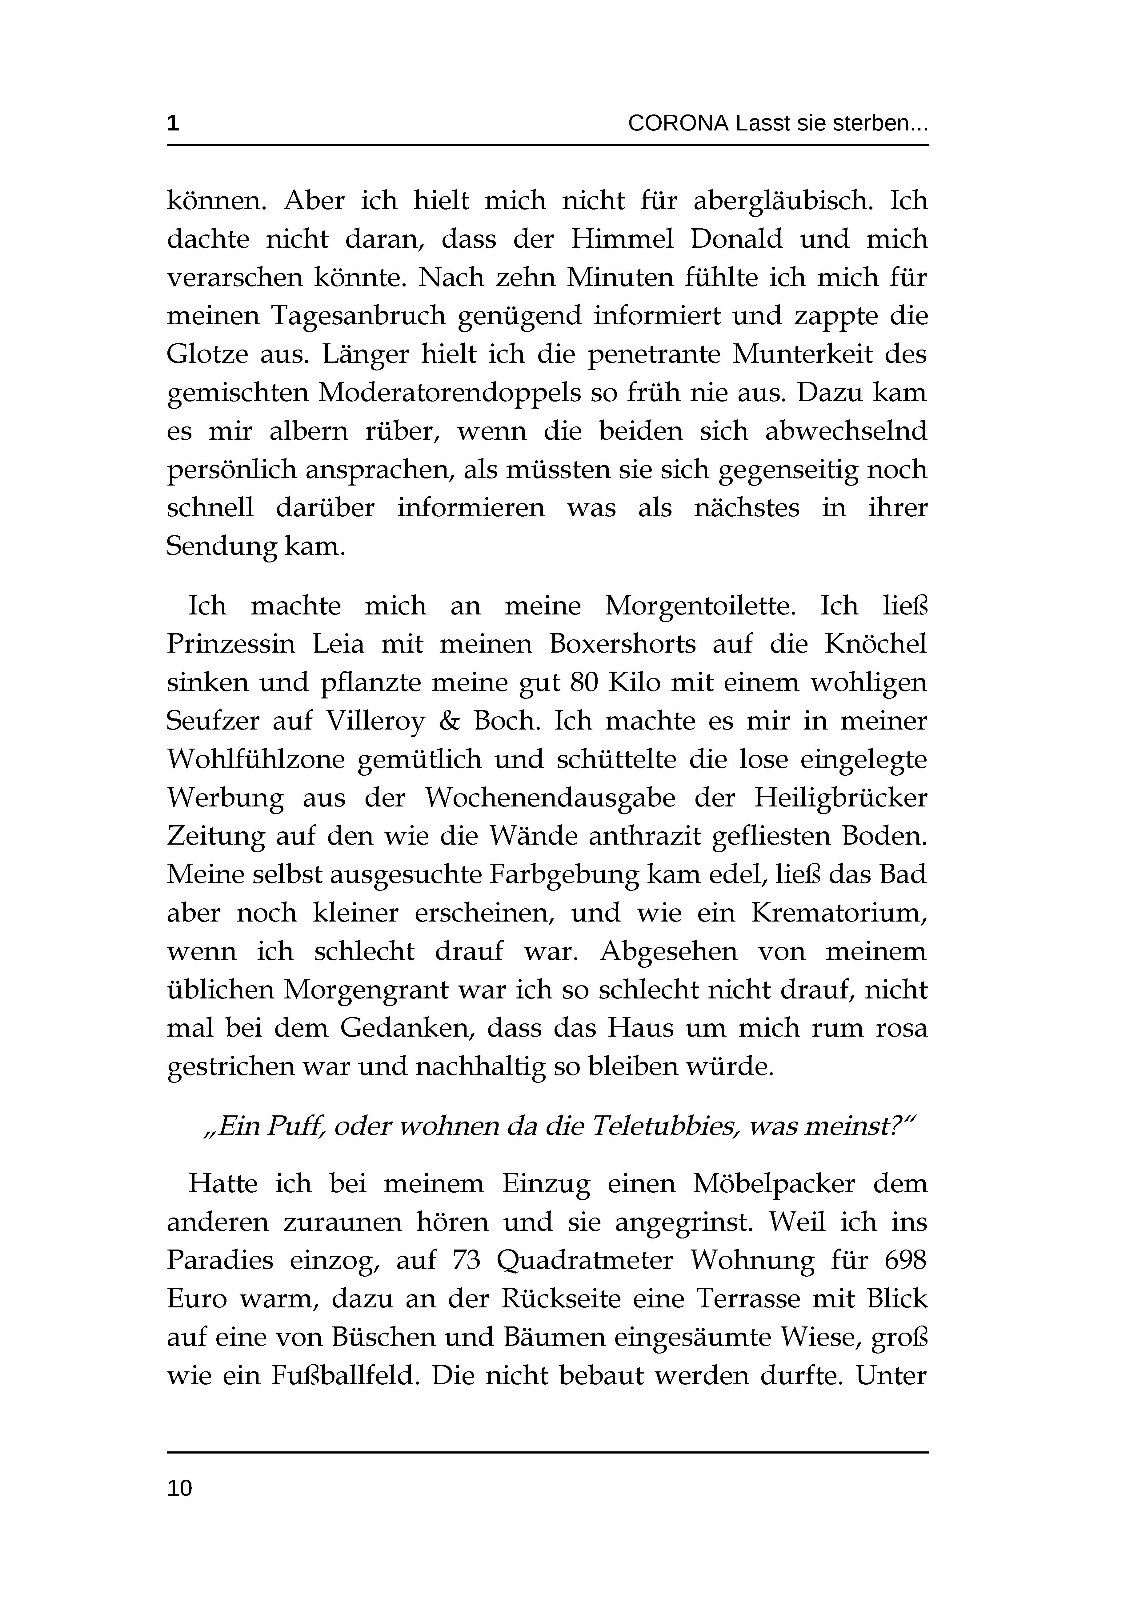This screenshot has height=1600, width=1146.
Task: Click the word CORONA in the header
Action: coord(677,124)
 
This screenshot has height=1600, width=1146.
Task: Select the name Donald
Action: coord(736,240)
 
